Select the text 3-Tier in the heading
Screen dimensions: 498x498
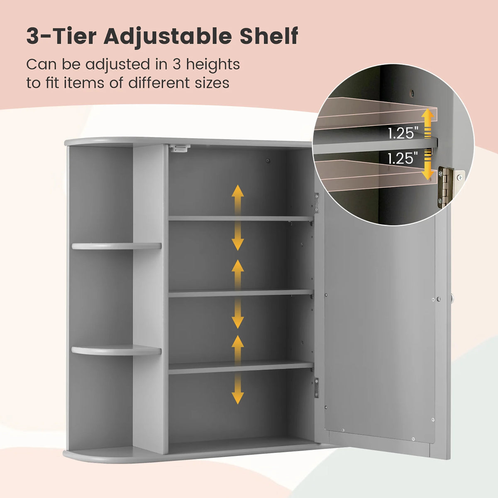[61, 36]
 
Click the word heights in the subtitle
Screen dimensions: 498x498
[213, 65]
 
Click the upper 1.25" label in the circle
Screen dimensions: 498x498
[403, 133]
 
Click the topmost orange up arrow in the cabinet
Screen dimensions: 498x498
[237, 199]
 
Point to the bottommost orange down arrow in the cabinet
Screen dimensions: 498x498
[237, 390]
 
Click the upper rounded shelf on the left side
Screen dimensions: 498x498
[116, 246]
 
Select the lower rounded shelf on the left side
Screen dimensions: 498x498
[116, 350]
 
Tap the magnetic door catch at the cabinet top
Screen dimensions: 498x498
[180, 148]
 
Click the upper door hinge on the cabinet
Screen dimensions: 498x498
[317, 203]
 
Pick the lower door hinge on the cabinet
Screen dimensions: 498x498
[317, 388]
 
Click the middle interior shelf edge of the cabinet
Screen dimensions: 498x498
[241, 293]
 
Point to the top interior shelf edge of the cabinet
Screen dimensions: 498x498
[241, 218]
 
